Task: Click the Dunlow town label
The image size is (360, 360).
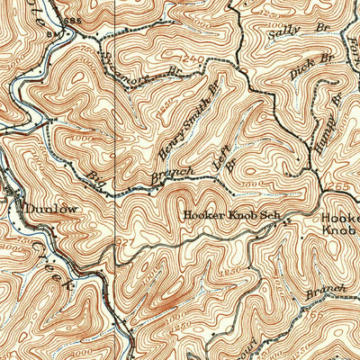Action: (51, 208)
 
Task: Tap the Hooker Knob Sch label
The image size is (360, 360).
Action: (226, 215)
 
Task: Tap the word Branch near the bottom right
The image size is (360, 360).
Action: (327, 290)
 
